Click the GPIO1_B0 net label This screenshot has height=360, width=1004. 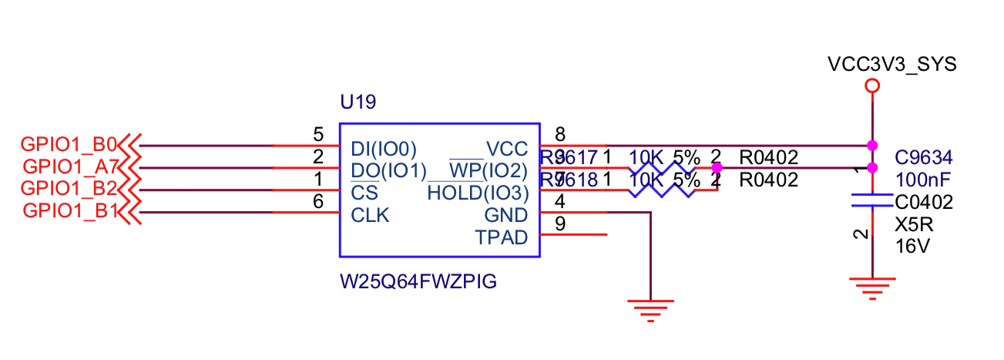[x=69, y=144]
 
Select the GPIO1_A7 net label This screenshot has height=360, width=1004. [x=70, y=167]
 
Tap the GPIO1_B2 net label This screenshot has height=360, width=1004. [x=69, y=188]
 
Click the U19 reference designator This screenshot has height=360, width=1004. [x=358, y=102]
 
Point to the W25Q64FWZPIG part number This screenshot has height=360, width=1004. [x=418, y=282]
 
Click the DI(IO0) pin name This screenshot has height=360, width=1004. [x=383, y=147]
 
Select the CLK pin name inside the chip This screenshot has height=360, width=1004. [x=370, y=215]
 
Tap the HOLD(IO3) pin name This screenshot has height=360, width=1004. [x=478, y=193]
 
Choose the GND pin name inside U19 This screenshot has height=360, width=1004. [x=506, y=215]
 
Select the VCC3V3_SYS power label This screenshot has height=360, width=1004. [x=892, y=64]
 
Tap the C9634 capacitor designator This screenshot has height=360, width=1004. [x=924, y=158]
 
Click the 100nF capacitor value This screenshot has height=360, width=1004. [x=919, y=180]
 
